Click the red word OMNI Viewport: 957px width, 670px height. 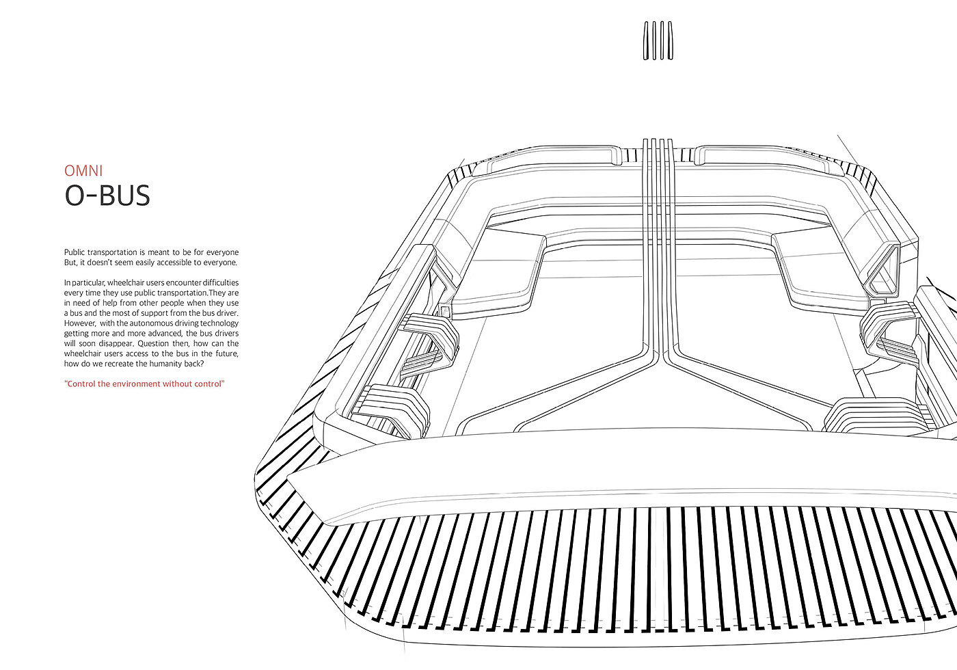point(83,170)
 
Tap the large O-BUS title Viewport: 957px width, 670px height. point(107,196)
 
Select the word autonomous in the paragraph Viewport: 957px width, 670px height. point(145,323)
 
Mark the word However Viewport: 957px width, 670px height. point(79,323)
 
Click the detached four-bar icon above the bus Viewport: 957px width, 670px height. point(658,40)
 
